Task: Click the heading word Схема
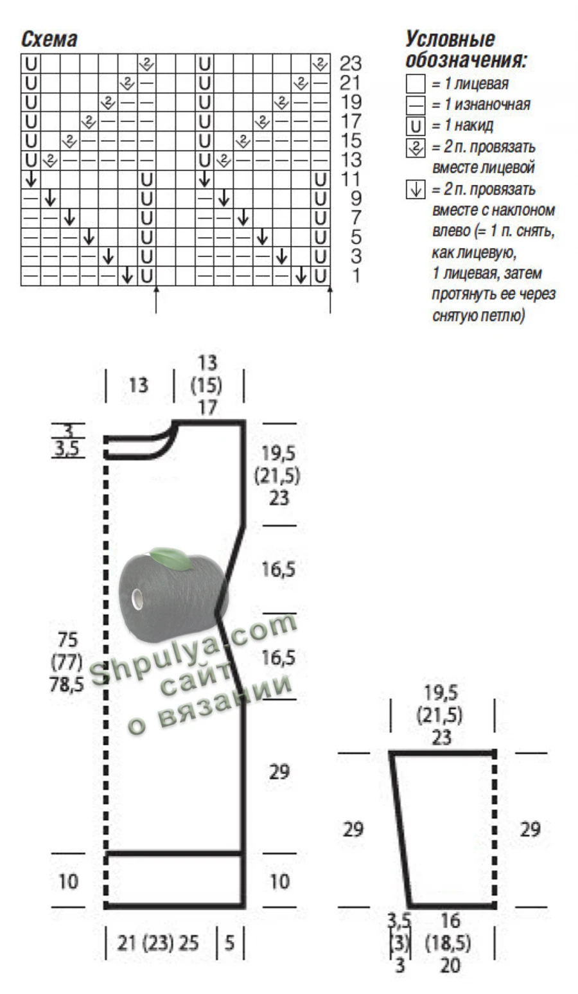coord(49,39)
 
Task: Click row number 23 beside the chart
coord(351,64)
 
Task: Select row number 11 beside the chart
coord(351,179)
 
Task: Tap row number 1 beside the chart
coord(356,276)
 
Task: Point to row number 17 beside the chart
coord(351,121)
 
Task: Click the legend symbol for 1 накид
coord(416,126)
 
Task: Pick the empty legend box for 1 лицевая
coord(416,84)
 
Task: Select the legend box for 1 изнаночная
coord(416,105)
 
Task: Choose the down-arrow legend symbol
coord(416,190)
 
